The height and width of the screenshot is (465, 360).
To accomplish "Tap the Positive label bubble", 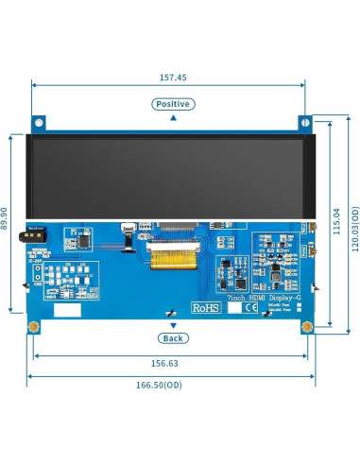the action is (x=172, y=104).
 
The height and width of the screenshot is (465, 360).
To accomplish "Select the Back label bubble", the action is (x=172, y=337).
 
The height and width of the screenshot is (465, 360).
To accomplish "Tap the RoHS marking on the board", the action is (x=205, y=307).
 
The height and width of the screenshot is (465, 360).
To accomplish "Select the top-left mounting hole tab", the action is (x=40, y=123).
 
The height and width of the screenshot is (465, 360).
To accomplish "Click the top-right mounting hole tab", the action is (x=305, y=123).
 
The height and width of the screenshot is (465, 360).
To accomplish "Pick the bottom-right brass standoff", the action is (x=307, y=327).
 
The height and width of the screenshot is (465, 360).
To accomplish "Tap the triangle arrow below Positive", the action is (x=172, y=119).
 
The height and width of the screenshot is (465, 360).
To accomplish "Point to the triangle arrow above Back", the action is (x=172, y=324).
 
